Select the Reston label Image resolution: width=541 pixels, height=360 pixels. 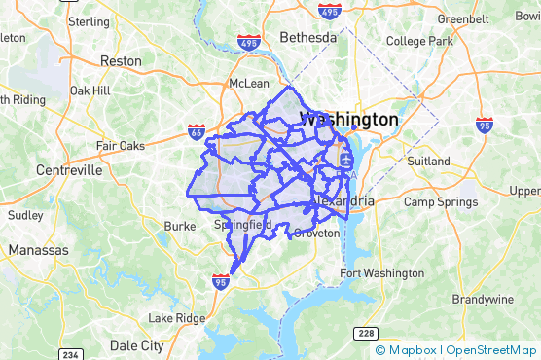click(x=121, y=59)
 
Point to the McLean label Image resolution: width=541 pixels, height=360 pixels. click(x=248, y=83)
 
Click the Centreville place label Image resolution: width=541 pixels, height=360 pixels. click(x=69, y=169)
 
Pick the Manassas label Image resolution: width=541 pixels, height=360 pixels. click(x=39, y=250)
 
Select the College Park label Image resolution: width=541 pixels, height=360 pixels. click(x=419, y=41)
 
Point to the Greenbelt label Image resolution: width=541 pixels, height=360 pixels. click(x=462, y=18)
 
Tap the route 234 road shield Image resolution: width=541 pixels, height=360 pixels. click(x=72, y=353)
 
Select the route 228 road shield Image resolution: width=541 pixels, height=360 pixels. click(x=365, y=333)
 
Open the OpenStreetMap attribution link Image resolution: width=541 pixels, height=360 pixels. click(x=491, y=349)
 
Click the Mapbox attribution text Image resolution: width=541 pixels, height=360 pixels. click(x=413, y=349)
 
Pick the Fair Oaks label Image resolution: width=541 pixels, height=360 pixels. click(x=120, y=146)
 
